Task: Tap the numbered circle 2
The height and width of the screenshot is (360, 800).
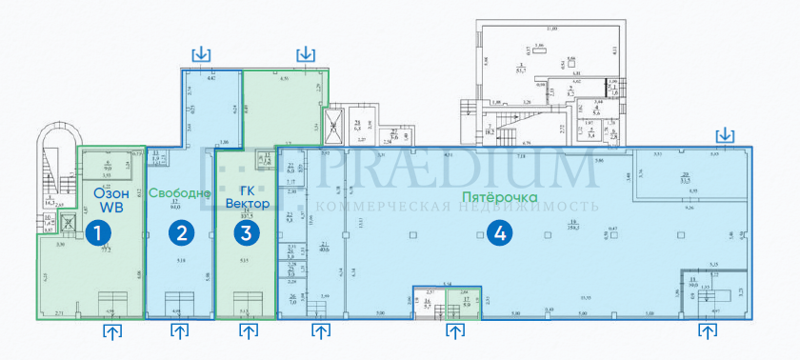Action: pos(178,230)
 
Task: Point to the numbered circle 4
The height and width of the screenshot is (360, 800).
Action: pos(494,230)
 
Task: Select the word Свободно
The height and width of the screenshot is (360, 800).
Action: pos(179,193)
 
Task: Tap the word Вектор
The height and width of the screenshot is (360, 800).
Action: pos(249,205)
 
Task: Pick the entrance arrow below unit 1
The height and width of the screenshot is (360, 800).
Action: pos(112,331)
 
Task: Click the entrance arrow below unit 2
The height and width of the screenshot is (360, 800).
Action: pos(179,331)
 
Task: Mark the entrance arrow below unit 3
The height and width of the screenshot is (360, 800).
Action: pos(249,331)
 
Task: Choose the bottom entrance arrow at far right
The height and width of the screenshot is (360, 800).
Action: pos(708,331)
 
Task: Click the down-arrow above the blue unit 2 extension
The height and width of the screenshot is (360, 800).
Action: pos(201,53)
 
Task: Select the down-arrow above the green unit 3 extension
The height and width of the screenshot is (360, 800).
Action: pos(306,53)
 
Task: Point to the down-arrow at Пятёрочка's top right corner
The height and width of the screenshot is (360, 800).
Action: pos(725,134)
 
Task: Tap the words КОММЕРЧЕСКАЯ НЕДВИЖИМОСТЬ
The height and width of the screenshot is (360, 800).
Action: pos(456,207)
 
